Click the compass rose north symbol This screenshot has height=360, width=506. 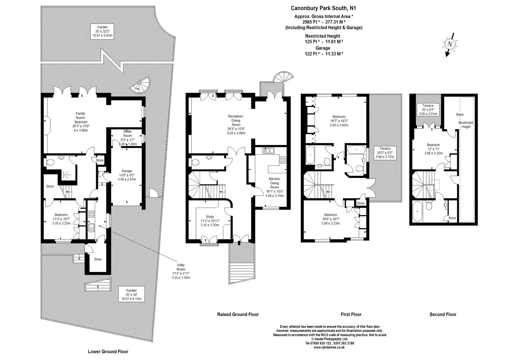450,44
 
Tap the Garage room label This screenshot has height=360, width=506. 127,175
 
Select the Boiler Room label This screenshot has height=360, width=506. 128,138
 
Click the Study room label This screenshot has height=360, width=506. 210,221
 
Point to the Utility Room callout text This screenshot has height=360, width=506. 181,271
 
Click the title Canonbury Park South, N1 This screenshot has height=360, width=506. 323,8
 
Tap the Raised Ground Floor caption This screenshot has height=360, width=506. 238,314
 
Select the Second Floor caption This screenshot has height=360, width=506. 443,314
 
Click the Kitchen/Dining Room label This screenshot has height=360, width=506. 275,187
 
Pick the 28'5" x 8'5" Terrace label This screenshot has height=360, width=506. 385,153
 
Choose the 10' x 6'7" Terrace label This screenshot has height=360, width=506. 428,110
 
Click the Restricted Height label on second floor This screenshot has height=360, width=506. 466,125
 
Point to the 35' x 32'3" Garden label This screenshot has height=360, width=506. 102,31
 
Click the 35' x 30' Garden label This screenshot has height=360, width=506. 131,295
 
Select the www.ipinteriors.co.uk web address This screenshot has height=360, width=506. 329,348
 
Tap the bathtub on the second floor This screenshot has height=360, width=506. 417,211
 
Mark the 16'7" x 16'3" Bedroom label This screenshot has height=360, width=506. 339,121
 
